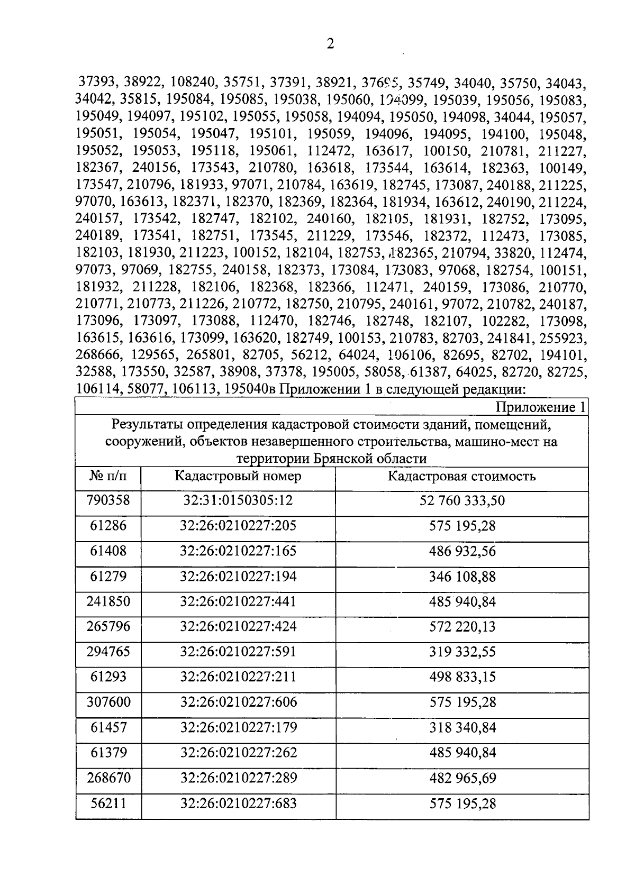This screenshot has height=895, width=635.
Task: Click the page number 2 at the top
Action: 330,44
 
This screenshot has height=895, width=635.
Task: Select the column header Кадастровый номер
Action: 238,476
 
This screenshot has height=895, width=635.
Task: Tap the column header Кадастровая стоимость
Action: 461,476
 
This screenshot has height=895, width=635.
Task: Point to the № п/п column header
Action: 108,476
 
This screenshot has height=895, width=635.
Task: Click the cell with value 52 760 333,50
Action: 462,500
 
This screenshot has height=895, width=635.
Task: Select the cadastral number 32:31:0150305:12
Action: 238,500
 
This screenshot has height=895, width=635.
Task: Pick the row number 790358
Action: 108,500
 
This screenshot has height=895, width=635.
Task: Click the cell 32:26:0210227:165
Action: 238,551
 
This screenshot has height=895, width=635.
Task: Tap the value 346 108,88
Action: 462,577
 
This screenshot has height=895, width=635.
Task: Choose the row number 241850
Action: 108,601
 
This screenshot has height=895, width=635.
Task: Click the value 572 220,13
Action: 462,627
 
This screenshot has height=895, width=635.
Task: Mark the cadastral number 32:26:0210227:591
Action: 238,652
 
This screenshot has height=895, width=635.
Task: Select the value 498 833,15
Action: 462,677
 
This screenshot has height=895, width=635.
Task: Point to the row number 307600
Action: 108,702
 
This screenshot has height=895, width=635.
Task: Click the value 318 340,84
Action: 462,728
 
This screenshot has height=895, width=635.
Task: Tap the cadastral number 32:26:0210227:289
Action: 238,778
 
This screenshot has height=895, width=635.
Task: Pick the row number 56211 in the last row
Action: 108,803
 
